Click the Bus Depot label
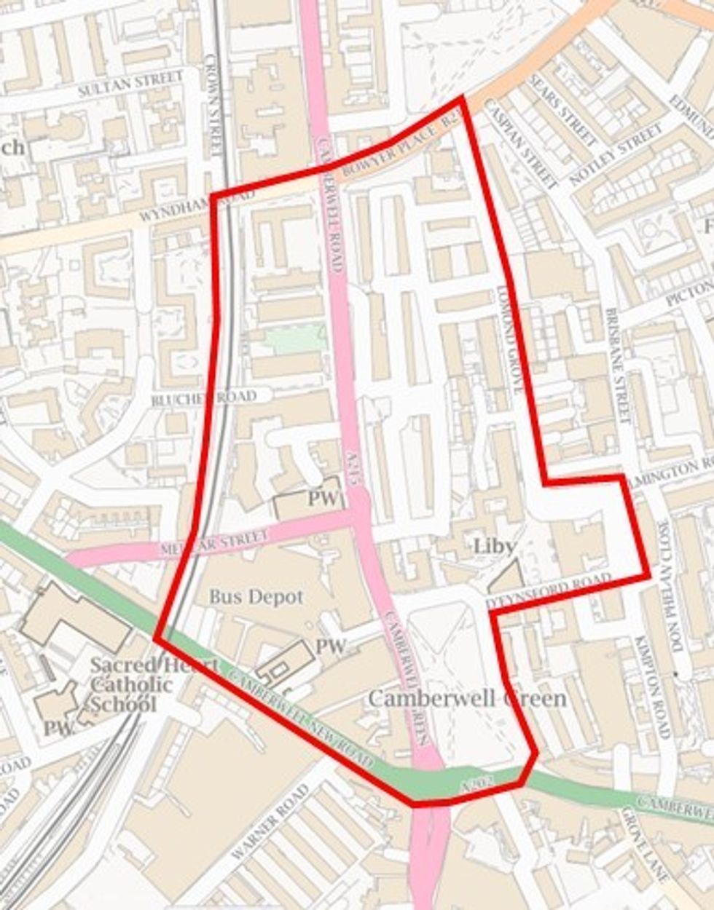[x=256, y=597]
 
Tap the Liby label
[x=494, y=546]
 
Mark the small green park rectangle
[x=294, y=339]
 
